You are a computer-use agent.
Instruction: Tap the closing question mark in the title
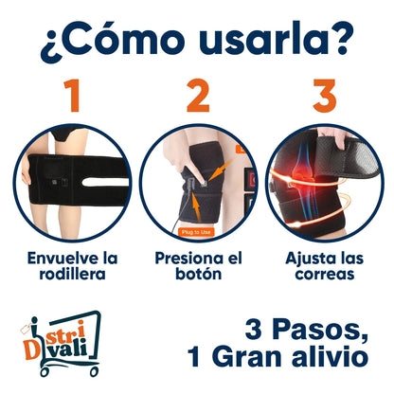point(340,38)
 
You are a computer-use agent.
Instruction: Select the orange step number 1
point(72,96)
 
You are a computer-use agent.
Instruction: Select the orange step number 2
point(198,96)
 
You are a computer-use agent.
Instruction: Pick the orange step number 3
point(324,96)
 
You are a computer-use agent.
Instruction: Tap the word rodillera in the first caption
point(72,274)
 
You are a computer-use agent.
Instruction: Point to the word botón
point(198,274)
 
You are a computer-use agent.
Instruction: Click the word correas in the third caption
point(325,275)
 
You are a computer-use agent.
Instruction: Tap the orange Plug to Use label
point(196,232)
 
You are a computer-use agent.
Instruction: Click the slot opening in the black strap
point(106,182)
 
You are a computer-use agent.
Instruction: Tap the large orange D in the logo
point(30,350)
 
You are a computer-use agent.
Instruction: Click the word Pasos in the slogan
point(320,330)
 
